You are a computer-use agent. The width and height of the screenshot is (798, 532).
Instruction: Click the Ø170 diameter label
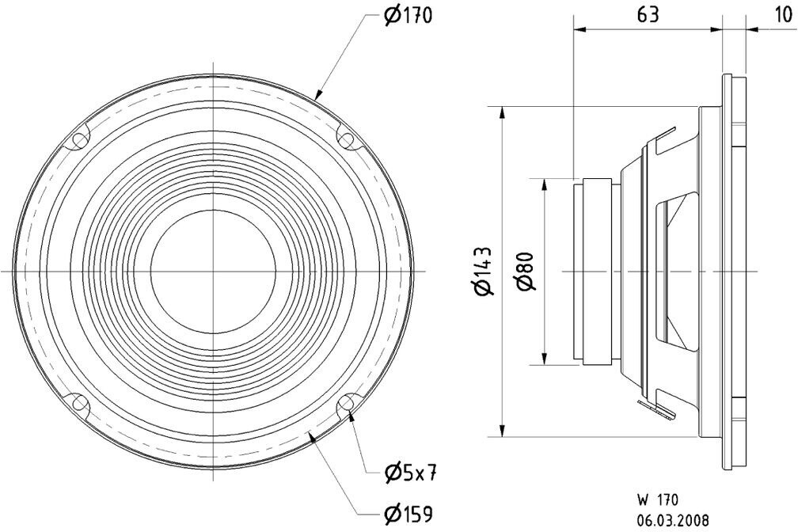pos(408,16)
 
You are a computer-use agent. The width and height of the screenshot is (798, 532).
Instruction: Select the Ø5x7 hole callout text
pos(411,473)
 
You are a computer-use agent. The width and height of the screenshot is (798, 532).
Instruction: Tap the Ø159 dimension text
pos(408,515)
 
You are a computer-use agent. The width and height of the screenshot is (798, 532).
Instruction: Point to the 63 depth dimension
pos(646,15)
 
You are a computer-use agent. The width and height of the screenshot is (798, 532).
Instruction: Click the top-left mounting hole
pos(80,140)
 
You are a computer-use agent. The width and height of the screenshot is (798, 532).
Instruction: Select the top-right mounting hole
pos(346,140)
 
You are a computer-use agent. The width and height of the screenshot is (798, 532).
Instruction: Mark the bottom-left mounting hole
pos(80,404)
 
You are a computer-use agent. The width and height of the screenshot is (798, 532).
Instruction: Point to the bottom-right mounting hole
pos(346,405)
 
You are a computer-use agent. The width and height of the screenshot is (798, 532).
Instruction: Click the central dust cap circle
pos(213,272)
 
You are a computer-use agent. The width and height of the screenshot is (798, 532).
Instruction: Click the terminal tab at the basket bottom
pos(661,409)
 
